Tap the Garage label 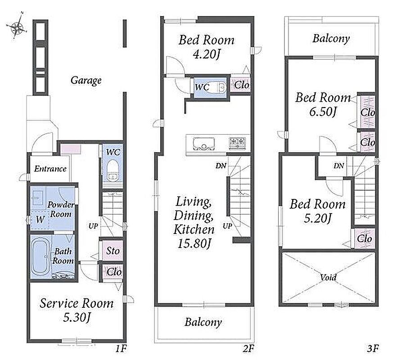click(86, 81)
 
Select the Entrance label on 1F click(50, 169)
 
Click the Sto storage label click(113, 251)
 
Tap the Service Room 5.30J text click(77, 310)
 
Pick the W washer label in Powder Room click(40, 219)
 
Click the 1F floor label click(121, 348)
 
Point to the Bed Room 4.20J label click(206, 47)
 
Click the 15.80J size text click(194, 243)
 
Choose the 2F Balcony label click(203, 322)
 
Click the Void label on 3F click(328, 277)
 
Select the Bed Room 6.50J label click(323, 104)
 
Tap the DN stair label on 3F click(339, 166)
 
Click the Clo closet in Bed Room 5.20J click(364, 239)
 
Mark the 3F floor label click(373, 348)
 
